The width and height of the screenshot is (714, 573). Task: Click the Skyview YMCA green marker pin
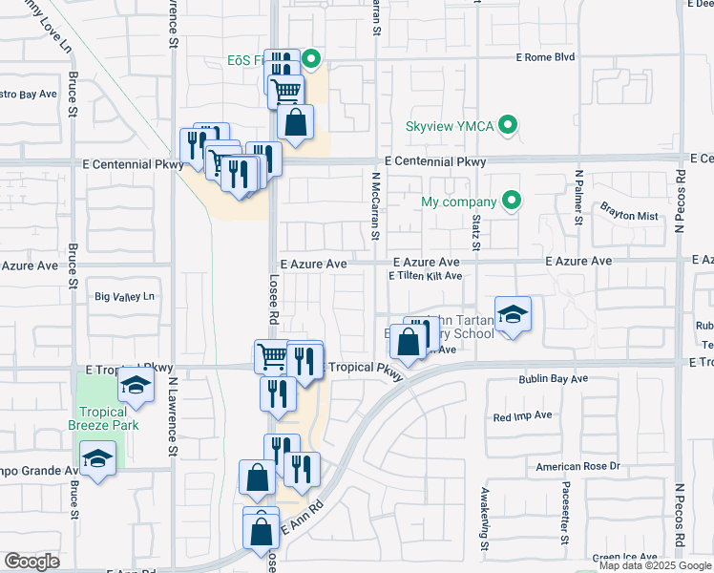[509, 126]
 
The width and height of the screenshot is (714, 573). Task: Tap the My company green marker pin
[513, 202]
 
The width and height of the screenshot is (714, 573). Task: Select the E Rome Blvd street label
[545, 57]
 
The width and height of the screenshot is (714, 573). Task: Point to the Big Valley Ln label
[124, 297]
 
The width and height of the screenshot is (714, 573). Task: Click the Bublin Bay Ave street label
[554, 379]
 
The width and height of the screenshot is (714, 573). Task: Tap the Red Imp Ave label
[523, 416]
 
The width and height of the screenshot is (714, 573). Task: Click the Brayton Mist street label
[629, 216]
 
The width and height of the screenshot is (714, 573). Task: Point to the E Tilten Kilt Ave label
[425, 276]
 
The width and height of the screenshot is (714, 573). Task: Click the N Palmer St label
[578, 199]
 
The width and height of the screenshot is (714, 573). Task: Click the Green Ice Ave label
[624, 557]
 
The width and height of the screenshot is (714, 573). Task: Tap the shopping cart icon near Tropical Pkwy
[272, 356]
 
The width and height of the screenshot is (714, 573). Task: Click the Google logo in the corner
[31, 562]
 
